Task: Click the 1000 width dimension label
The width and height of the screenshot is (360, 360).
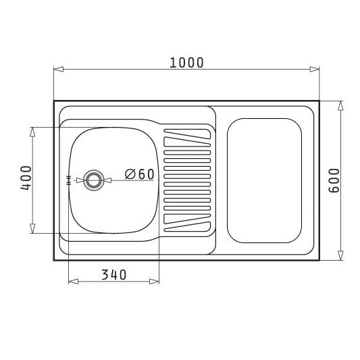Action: point(186,63)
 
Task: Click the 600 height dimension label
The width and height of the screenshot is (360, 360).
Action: point(334,180)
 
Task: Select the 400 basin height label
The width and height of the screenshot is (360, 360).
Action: point(26,178)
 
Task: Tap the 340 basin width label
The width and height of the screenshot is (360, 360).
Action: point(114,275)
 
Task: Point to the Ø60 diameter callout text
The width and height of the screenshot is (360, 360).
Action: point(140,174)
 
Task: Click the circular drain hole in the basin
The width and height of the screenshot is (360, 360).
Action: point(94,180)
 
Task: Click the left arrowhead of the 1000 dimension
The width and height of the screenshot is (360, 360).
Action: point(59,69)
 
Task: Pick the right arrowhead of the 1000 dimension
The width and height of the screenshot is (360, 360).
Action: point(314,69)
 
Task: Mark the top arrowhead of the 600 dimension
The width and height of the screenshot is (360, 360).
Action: point(340,106)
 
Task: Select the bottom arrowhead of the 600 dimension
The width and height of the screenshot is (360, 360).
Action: point(340,255)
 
